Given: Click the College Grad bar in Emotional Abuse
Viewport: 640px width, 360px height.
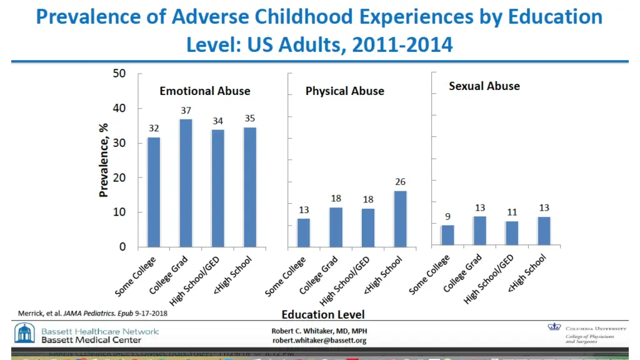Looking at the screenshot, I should (186, 182).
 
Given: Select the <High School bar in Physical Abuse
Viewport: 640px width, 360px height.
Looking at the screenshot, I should (400, 218).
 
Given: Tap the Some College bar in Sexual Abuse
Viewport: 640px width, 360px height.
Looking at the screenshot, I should (447, 235).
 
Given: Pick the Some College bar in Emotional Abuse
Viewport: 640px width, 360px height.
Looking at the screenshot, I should (154, 192).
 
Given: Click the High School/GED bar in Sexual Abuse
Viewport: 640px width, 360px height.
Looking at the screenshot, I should (512, 233).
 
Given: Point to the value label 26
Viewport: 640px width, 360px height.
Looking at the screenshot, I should (400, 182).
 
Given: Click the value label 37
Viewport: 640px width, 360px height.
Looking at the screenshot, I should (186, 110).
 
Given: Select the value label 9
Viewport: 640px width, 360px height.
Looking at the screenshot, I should (447, 216).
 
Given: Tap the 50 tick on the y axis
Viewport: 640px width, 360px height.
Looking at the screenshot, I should (119, 74).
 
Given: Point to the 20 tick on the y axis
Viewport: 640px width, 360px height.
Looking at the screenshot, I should (119, 177).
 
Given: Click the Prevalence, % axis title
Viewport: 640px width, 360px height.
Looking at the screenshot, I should (104, 159).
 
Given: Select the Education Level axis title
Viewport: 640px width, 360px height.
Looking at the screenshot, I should (323, 314).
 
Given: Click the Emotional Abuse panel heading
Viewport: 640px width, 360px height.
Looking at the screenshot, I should (205, 91).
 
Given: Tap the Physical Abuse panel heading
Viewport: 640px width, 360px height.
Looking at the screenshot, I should (345, 91).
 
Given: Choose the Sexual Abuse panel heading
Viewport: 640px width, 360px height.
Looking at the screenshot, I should (484, 86).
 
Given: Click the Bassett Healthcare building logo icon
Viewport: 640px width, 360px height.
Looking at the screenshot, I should (25, 333).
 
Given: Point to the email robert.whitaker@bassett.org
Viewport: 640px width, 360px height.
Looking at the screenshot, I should (319, 341).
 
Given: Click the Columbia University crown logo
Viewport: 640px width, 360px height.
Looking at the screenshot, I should (554, 327).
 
